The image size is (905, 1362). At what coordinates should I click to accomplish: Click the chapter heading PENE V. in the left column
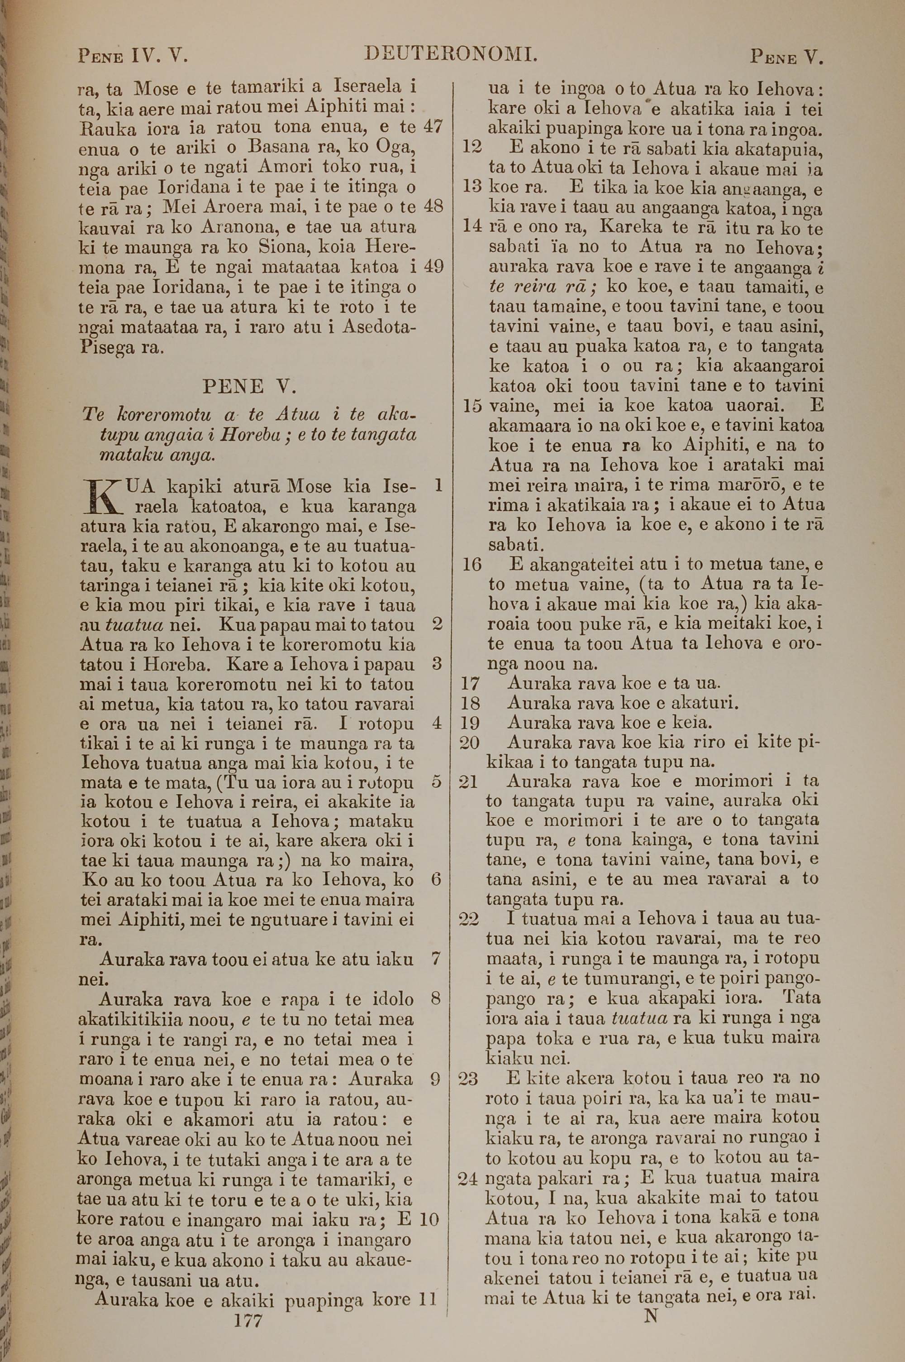(x=249, y=386)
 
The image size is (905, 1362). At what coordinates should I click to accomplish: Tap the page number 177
(x=249, y=1304)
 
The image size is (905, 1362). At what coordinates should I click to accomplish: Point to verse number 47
(x=433, y=127)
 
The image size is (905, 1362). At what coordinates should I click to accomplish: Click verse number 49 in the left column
(x=433, y=266)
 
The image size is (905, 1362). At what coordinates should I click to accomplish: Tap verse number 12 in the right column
(x=472, y=147)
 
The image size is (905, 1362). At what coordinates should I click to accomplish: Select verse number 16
(x=472, y=564)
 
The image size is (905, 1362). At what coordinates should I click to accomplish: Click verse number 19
(x=472, y=723)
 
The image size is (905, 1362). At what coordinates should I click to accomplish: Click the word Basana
(x=279, y=147)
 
